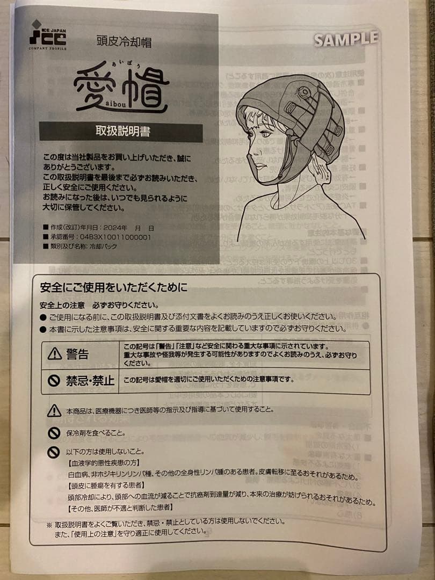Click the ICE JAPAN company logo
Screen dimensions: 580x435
(x=48, y=34)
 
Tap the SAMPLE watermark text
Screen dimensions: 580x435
(x=346, y=39)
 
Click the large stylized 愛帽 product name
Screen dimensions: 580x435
(x=121, y=89)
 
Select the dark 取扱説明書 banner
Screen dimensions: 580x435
(x=121, y=132)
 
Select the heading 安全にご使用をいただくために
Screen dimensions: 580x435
(x=114, y=288)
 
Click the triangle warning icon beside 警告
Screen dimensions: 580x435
(x=55, y=353)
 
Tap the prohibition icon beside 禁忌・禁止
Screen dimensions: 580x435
(x=54, y=380)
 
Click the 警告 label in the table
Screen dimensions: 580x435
(x=77, y=353)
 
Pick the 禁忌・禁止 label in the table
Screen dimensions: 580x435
(x=90, y=381)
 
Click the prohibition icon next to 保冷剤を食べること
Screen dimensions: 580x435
(x=54, y=432)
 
